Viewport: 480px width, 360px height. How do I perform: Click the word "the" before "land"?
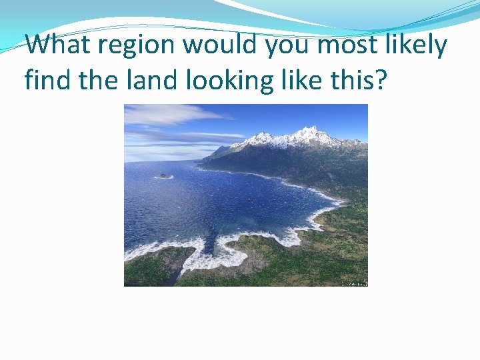coord(97,79)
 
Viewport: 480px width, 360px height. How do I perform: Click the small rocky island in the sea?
coord(163,176)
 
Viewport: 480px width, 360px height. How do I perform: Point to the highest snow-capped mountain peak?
coord(308,130)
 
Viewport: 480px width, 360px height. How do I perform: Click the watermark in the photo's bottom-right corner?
coord(353,283)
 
